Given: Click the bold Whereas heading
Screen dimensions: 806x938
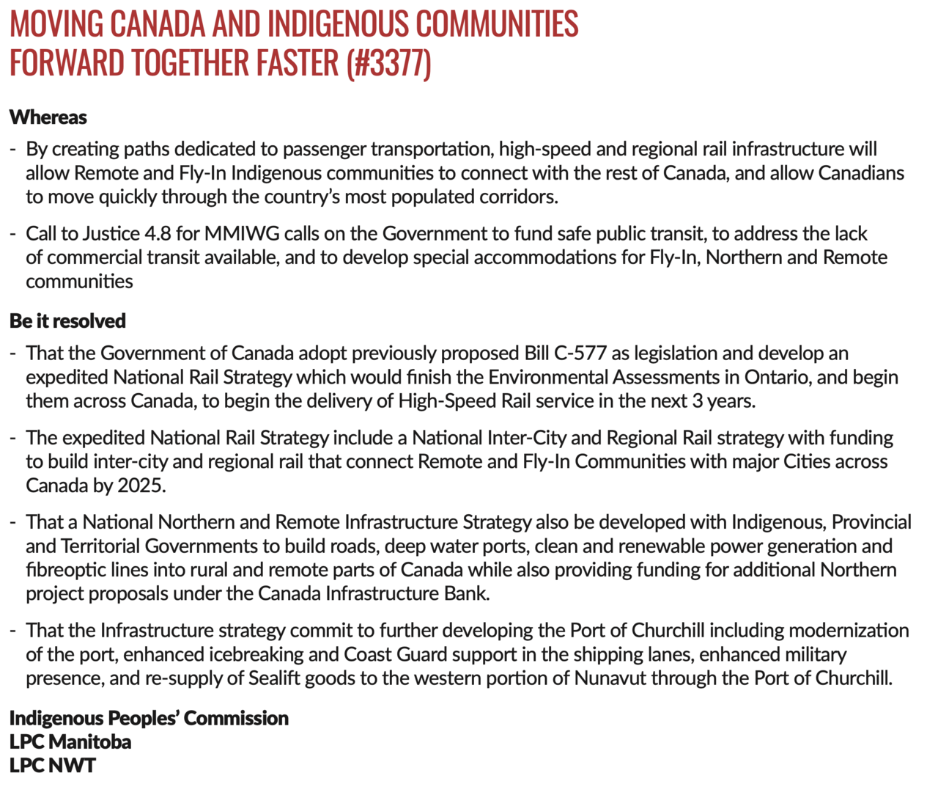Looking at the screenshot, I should pos(48,117).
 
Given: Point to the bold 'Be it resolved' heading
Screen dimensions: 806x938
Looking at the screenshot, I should pos(67,321).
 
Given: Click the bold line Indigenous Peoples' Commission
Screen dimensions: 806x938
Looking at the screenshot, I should pos(149,718).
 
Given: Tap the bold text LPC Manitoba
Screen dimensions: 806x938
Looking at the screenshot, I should pos(70,741).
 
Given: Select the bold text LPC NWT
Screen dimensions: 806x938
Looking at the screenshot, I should pos(53,766).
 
